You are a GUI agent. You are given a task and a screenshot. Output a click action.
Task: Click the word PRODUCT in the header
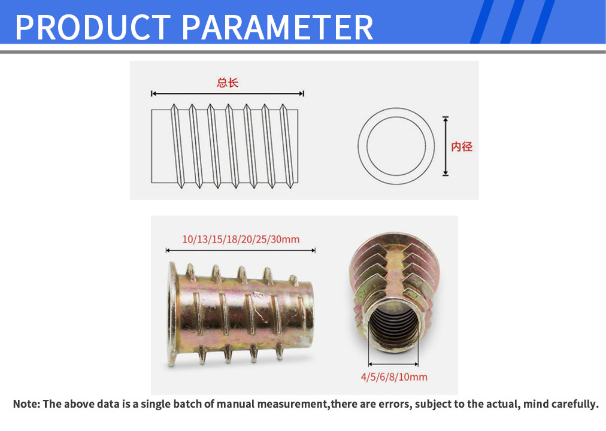(x=93, y=27)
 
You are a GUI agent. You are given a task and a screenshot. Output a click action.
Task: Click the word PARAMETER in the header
(x=277, y=27)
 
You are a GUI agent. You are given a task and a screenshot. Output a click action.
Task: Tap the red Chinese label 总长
(x=228, y=83)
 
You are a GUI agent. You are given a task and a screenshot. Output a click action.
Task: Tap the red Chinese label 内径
(x=462, y=147)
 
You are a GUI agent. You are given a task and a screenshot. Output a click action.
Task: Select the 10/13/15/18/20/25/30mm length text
(x=241, y=239)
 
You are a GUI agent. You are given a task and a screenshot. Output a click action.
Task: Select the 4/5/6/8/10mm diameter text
(x=394, y=377)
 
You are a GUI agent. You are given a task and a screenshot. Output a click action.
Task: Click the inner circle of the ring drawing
(x=396, y=117)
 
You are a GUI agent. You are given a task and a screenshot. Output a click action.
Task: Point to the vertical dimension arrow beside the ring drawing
(x=446, y=146)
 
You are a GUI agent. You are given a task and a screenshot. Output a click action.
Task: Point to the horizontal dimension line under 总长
(x=228, y=93)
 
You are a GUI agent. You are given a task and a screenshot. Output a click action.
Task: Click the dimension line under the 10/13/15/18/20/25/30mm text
(x=240, y=251)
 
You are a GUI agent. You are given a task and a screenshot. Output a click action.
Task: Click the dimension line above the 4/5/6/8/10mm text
(x=393, y=364)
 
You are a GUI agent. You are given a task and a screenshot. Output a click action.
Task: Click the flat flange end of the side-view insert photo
(x=172, y=314)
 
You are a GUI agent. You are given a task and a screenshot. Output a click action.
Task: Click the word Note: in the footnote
(x=26, y=404)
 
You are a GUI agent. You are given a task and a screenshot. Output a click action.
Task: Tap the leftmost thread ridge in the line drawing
(x=177, y=146)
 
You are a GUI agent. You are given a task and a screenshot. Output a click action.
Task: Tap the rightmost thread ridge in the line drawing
(x=287, y=146)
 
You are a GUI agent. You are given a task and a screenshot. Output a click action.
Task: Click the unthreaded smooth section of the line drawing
(x=160, y=146)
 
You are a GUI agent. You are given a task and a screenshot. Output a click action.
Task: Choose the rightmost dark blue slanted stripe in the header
(x=543, y=22)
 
